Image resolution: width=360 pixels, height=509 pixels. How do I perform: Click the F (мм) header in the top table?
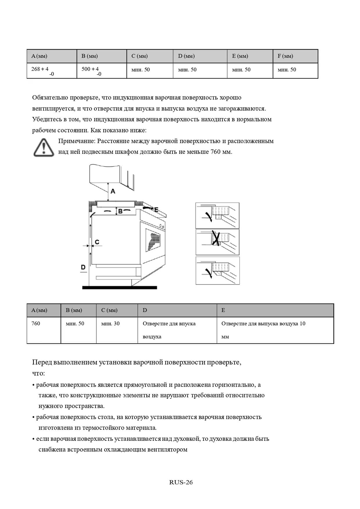[x=285, y=56]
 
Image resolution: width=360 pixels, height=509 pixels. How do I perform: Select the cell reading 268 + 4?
[x=40, y=69]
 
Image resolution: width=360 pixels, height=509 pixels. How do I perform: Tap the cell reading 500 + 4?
[x=90, y=69]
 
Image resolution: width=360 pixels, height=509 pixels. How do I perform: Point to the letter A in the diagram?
[x=113, y=191]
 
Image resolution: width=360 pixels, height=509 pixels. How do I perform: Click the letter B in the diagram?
[x=120, y=212]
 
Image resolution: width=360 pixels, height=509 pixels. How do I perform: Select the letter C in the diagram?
[x=97, y=242]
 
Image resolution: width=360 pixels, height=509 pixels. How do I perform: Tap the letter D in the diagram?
[x=83, y=267]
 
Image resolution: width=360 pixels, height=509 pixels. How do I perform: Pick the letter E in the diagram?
[x=156, y=210]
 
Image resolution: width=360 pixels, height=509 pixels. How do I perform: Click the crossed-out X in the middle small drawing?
[x=215, y=238]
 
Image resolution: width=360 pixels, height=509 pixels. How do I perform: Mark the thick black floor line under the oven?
[x=120, y=288]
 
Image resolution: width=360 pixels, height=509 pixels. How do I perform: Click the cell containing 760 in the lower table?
[x=36, y=324]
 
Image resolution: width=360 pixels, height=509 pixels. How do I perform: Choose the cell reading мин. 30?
[x=110, y=324]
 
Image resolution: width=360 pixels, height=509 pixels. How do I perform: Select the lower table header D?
[x=145, y=310]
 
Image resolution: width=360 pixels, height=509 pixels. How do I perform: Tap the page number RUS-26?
[x=181, y=482]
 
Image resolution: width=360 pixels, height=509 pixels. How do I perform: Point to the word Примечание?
[x=77, y=141]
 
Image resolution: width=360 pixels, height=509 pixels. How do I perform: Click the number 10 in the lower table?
[x=302, y=324]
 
